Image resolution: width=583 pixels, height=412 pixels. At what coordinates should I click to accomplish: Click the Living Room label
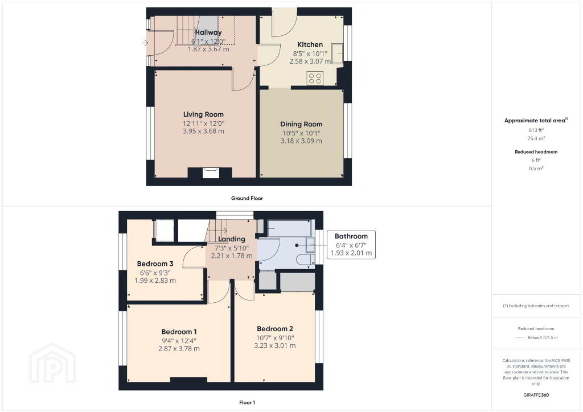[203, 114]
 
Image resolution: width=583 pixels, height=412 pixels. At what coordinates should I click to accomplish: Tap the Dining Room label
[301, 124]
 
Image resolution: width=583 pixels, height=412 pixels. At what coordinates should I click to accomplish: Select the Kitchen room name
[310, 44]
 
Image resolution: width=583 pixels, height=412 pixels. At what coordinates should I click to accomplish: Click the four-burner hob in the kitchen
[315, 79]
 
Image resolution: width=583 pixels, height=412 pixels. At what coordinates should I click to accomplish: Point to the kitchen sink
[337, 53]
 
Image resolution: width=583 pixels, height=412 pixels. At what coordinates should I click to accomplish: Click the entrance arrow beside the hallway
[145, 43]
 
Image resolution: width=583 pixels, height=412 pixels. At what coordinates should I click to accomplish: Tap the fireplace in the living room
[211, 172]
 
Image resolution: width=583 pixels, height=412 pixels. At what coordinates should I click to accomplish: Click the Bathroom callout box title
[351, 236]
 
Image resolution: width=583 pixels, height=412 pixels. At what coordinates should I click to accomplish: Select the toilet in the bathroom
[305, 259]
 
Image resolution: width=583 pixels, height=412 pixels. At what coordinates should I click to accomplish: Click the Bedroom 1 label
[179, 332]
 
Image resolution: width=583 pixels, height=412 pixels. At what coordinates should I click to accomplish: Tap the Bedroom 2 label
[275, 329]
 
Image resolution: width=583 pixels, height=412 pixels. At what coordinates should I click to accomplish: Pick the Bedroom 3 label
[155, 264]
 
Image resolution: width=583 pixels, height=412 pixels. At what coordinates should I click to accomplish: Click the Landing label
[231, 239]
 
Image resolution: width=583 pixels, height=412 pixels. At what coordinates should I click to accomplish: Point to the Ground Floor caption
[247, 199]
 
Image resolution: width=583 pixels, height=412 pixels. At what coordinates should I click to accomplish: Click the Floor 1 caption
[247, 402]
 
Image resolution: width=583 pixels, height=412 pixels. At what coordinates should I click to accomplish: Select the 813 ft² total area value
[536, 130]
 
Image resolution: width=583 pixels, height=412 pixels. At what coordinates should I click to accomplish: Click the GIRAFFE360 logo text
[536, 395]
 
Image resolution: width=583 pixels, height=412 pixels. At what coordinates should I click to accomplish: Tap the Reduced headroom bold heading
[536, 151]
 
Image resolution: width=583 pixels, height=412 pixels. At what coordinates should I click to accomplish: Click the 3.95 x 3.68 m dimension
[203, 131]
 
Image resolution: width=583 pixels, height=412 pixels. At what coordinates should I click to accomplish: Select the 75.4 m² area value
[536, 138]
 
